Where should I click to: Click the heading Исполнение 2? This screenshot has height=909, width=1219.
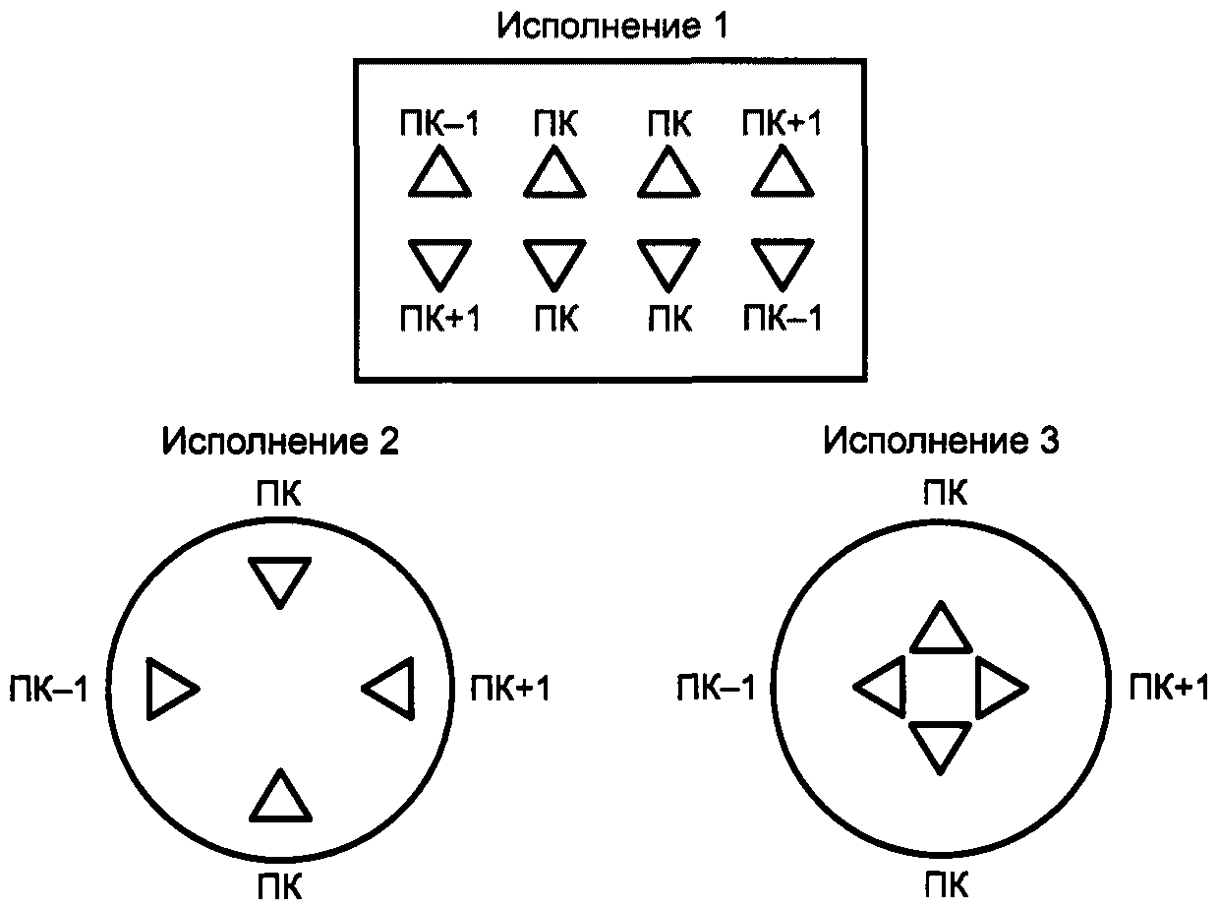point(281,442)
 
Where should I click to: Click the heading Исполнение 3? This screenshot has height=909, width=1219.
point(941,442)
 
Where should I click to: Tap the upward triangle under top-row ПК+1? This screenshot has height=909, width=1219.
point(783,174)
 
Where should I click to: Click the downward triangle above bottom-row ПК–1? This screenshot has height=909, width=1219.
point(783,262)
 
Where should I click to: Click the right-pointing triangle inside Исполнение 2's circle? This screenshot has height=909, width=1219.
point(169,688)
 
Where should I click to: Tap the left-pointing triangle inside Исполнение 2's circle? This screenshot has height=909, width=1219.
point(390,688)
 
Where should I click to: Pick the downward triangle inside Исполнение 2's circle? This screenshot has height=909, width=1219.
point(280,579)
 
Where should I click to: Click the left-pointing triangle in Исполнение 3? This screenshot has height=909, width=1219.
point(882,686)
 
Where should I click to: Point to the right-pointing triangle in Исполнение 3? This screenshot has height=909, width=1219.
point(999,686)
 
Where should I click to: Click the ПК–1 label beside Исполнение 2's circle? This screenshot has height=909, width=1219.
point(47,689)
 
